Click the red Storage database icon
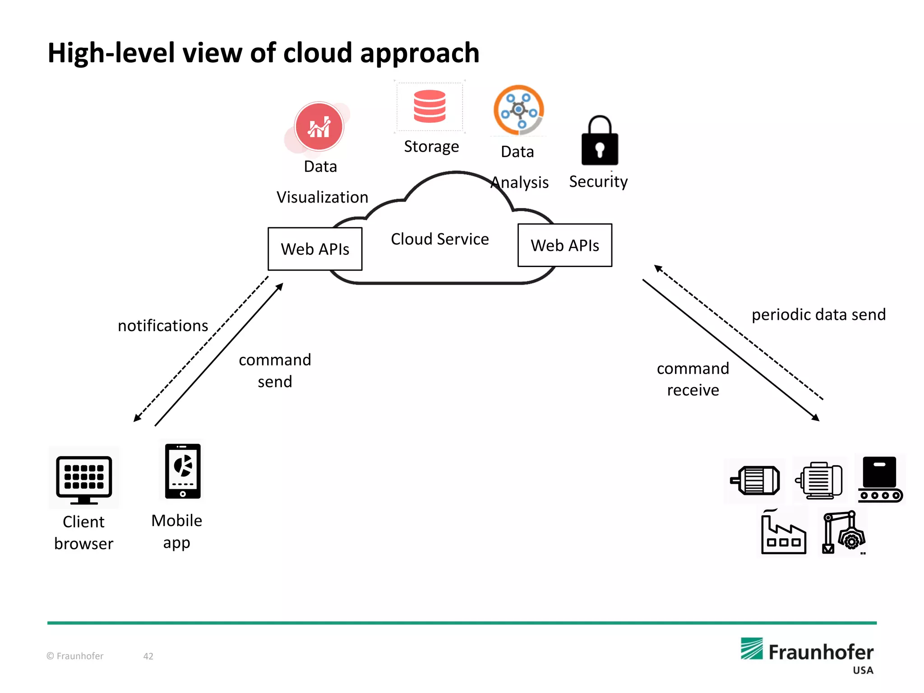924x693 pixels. [x=430, y=106]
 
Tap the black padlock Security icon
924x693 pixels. [x=600, y=142]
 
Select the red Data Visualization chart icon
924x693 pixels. [x=319, y=127]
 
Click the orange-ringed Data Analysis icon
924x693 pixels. [x=519, y=110]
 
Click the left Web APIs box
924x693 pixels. [x=315, y=249]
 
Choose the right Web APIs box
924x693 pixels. [x=564, y=245]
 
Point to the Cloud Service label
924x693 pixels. [x=439, y=239]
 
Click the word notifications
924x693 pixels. [x=163, y=326]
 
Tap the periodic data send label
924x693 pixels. [x=818, y=314]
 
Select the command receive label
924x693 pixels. [x=693, y=379]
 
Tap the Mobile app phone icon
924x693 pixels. [x=183, y=471]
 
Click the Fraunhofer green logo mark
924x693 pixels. [x=752, y=649]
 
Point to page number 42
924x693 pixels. [x=148, y=656]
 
